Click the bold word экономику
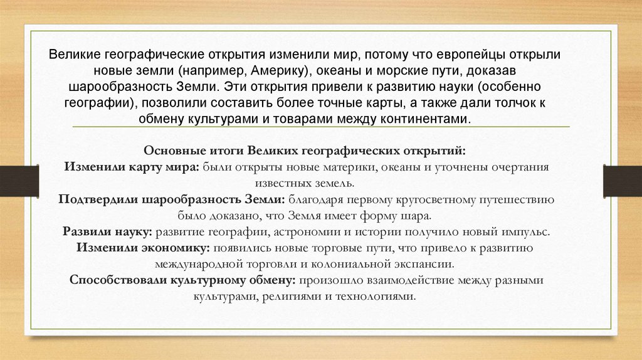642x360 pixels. point(169,248)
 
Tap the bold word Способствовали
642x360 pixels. point(119,280)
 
